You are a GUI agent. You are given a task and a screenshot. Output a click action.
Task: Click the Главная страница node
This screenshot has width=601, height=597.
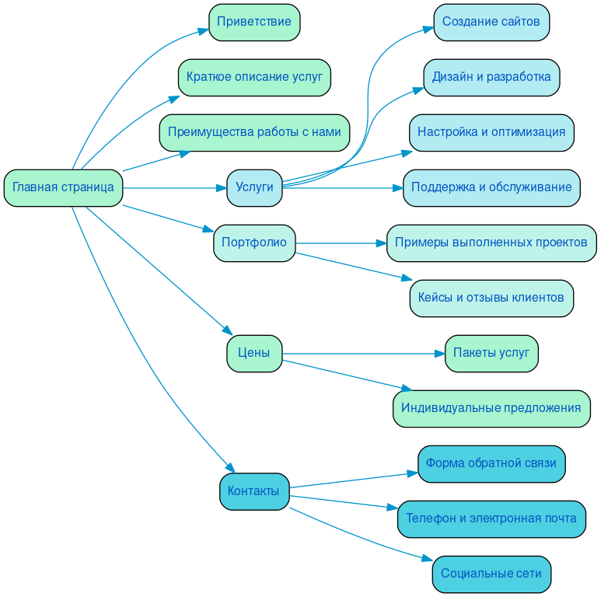pos(63,187)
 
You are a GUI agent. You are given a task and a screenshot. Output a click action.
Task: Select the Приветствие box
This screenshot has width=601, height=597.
pos(254,22)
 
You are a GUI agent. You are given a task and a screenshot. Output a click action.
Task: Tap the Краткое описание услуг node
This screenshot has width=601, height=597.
pos(254,77)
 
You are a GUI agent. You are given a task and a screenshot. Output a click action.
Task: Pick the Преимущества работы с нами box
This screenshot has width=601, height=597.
pos(254,132)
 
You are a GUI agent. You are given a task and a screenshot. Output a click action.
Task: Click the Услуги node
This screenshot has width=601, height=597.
pos(254,187)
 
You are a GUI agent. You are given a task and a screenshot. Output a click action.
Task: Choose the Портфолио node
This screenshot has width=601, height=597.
pos(254,243)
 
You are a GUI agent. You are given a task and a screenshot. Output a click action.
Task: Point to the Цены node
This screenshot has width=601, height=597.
pos(254,353)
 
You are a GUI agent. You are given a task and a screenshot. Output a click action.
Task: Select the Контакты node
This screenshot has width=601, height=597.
pos(254,491)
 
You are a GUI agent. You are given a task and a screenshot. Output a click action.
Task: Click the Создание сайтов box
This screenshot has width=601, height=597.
pos(491,22)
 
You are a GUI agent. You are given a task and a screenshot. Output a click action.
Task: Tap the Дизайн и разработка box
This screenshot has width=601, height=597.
pos(491,77)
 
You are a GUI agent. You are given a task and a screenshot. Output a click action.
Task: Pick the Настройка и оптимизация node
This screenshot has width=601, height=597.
pos(491,132)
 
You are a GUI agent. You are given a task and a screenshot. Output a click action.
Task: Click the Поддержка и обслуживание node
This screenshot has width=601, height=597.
pos(491,187)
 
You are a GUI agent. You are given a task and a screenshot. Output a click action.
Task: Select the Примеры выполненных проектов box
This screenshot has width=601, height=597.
pos(491,243)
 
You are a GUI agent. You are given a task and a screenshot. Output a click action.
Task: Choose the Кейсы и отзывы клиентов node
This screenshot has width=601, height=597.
pos(491,298)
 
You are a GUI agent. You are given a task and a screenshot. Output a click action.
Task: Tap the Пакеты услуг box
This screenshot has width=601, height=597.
pos(491,353)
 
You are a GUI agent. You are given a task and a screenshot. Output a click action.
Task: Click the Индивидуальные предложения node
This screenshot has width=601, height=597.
pos(491,408)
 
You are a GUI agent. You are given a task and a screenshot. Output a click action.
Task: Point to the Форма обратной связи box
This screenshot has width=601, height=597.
pos(491,463)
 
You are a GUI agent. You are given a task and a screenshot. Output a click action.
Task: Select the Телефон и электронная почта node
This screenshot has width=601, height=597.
pos(491,518)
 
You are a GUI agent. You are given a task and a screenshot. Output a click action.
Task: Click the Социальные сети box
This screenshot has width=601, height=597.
pos(491,574)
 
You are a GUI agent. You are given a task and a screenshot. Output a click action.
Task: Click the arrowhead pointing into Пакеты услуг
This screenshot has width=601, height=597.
pos(439,354)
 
